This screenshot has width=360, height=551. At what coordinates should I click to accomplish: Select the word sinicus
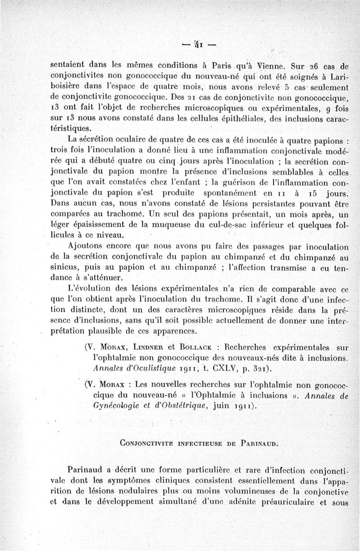tap(63, 268)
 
